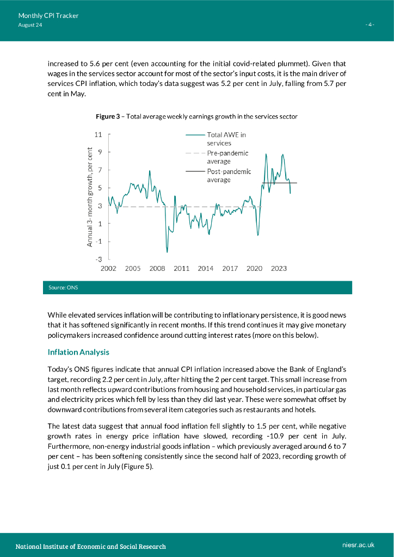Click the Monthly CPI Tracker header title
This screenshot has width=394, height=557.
48,16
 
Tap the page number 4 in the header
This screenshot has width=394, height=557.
369,25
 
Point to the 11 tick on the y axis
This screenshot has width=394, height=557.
98,134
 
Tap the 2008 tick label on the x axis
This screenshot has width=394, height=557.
157,269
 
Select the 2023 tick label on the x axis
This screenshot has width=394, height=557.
279,269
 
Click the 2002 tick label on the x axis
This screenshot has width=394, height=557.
108,269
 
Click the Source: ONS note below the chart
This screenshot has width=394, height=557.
63,287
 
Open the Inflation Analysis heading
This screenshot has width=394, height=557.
78,352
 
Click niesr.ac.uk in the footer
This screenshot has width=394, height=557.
359,544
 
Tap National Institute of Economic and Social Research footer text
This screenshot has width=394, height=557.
90,546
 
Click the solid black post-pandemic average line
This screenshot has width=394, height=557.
280,183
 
